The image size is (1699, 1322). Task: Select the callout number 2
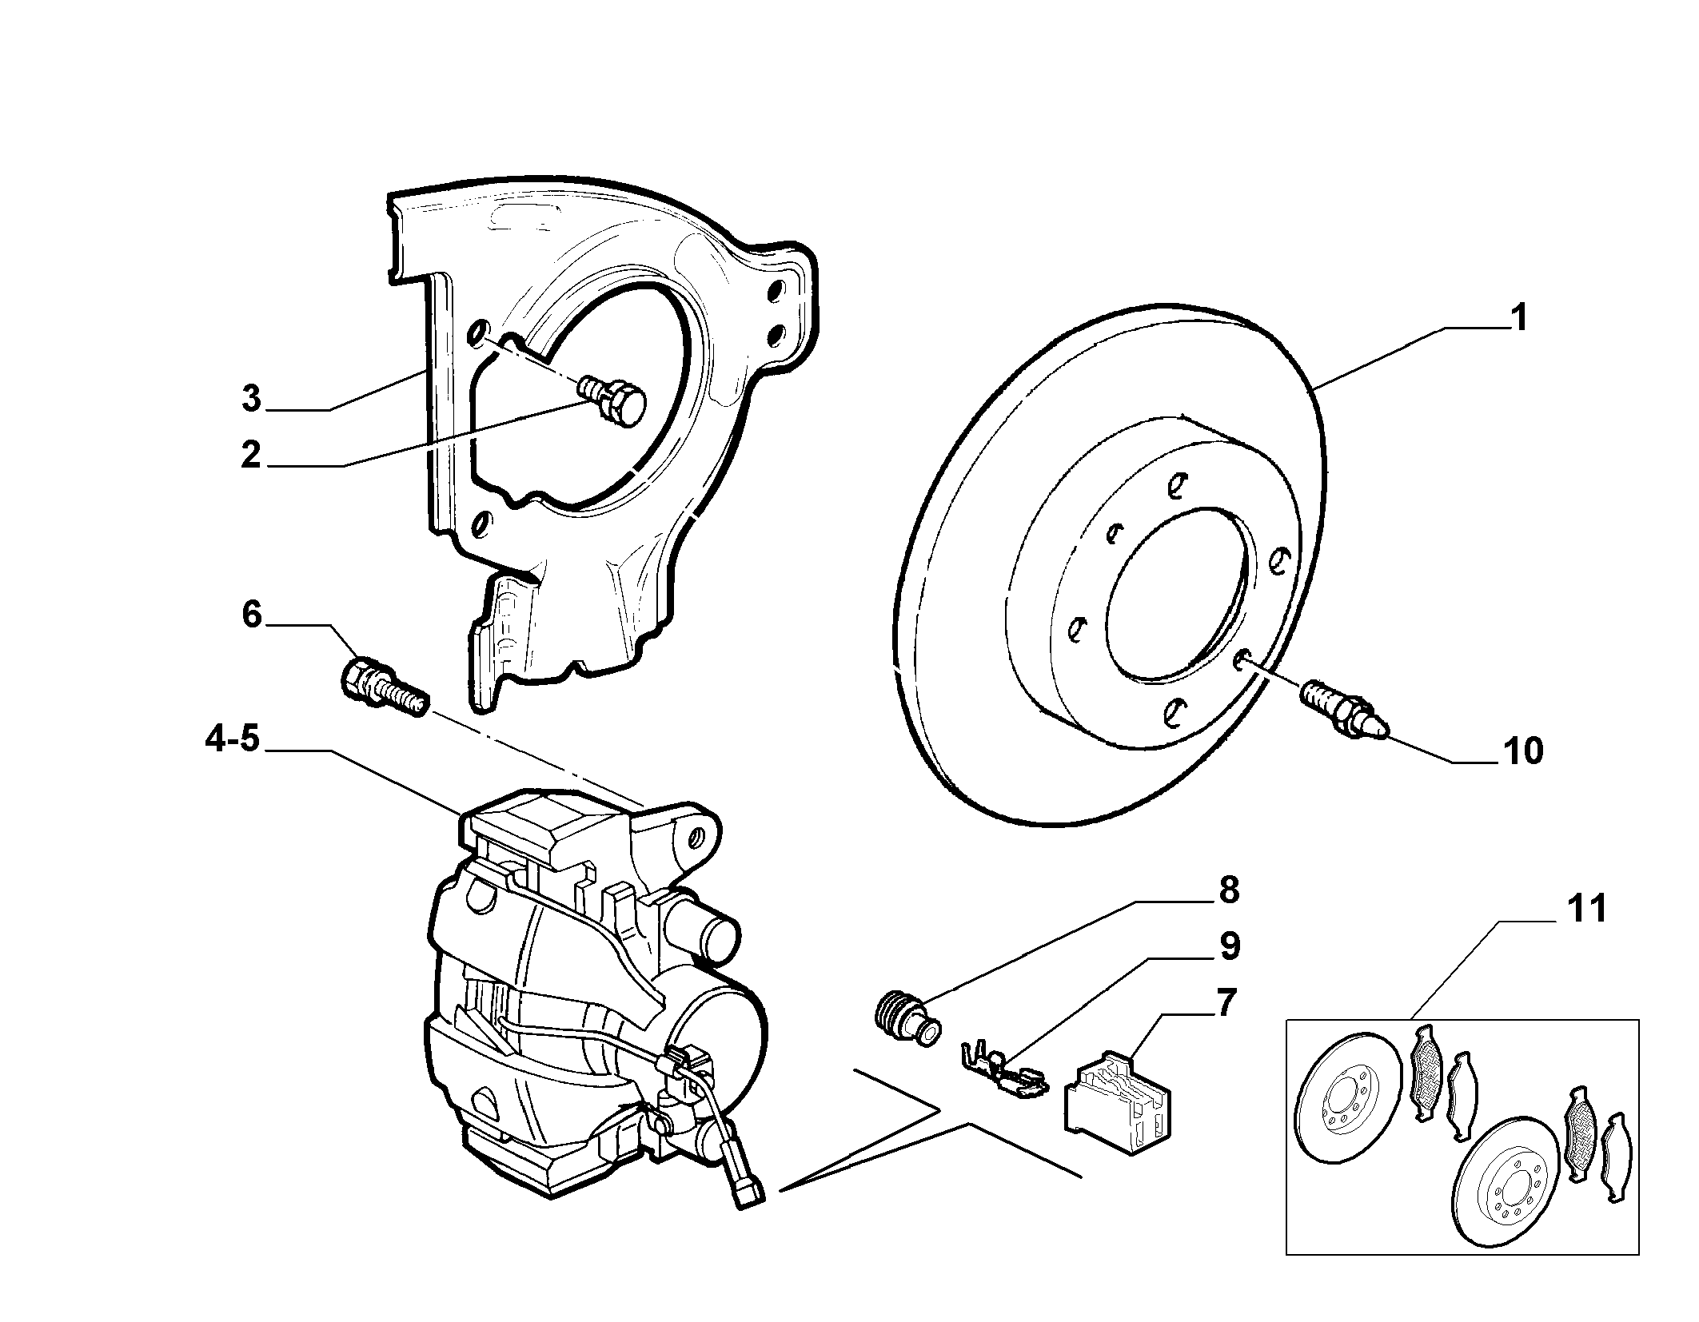(251, 455)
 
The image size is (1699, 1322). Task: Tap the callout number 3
(252, 398)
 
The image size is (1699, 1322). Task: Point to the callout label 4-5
(233, 739)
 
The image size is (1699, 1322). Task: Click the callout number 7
(1225, 1001)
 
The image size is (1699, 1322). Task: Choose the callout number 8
(1228, 890)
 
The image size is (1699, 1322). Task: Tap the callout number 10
(1523, 752)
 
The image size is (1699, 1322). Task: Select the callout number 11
(1587, 910)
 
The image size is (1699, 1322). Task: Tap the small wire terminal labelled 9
(1003, 1076)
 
